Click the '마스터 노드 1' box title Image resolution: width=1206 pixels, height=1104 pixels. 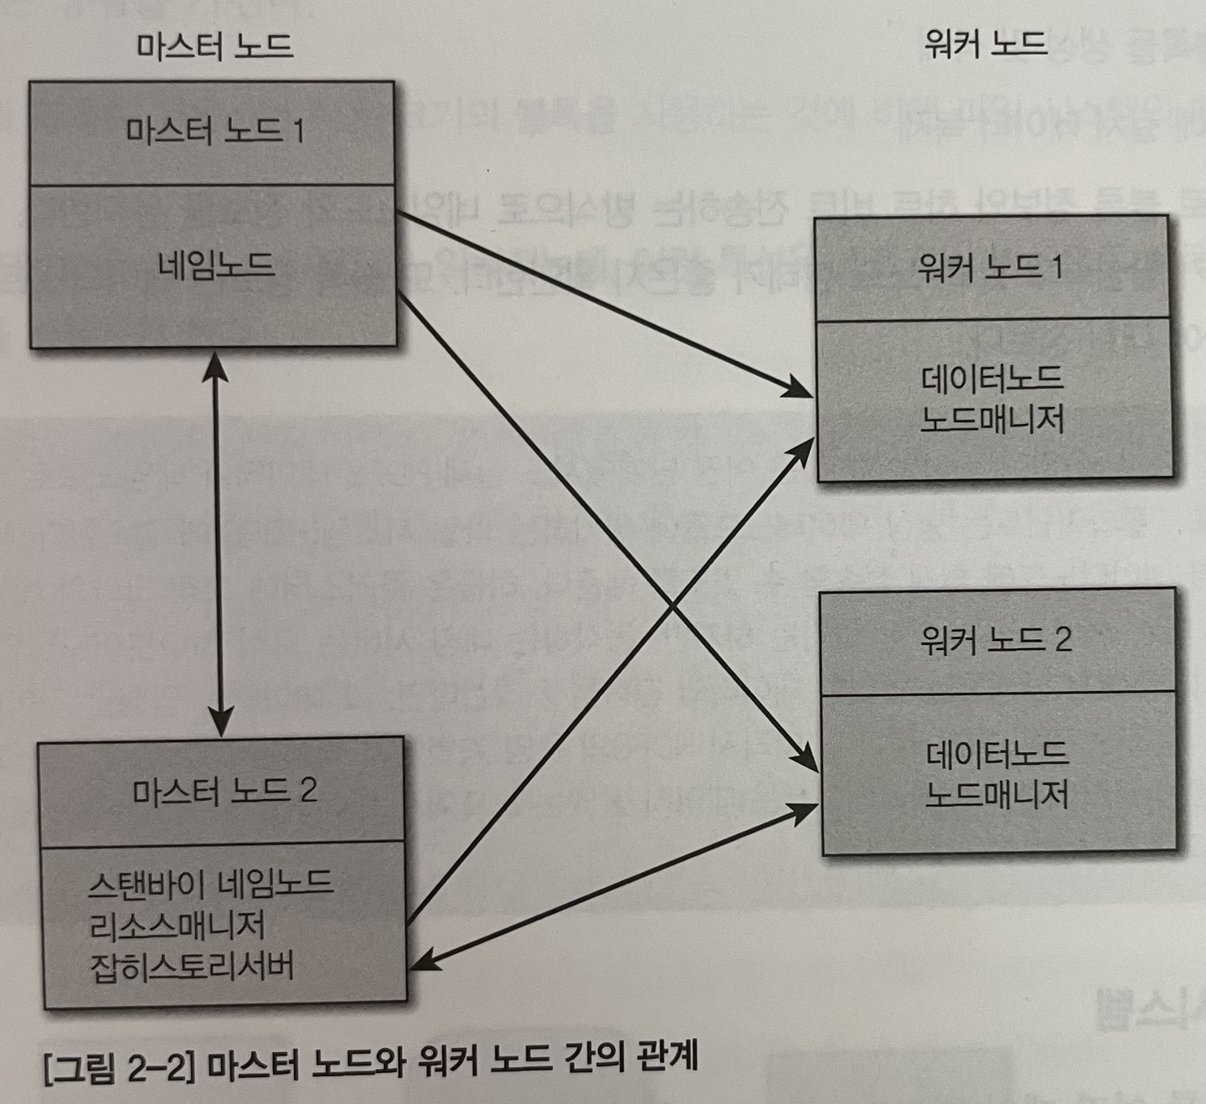[214, 132]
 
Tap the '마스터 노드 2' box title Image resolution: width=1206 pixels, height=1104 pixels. [224, 790]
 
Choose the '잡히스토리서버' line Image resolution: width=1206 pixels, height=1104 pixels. [192, 967]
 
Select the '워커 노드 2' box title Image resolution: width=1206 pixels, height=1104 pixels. [996, 640]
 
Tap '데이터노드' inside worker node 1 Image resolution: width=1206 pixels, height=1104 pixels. [992, 377]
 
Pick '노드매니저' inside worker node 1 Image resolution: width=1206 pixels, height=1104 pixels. [992, 418]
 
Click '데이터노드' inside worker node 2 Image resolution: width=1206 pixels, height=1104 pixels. [997, 752]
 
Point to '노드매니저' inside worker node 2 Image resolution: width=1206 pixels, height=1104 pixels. [997, 792]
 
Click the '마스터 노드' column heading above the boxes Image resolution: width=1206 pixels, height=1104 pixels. [214, 44]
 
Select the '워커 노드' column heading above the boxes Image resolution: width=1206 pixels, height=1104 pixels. [985, 42]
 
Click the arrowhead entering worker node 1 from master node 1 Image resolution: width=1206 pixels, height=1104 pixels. [800, 389]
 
